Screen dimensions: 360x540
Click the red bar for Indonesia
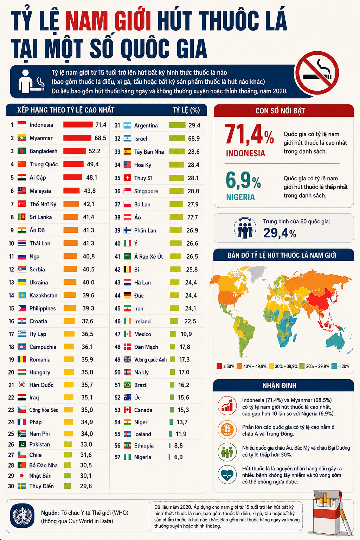point(78,124)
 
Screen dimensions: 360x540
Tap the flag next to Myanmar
point(22,138)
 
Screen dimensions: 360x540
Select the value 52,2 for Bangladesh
point(95,151)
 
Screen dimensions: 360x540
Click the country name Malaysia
point(40,191)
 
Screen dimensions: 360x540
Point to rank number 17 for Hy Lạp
point(11,334)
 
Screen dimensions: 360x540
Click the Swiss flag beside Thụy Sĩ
point(127,178)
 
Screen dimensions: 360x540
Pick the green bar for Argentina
point(177,126)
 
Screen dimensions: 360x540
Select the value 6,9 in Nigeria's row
point(179,457)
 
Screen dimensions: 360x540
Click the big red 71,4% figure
point(250,134)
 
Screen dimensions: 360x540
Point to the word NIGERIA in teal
point(240,197)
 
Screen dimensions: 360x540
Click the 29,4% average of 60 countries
point(280,233)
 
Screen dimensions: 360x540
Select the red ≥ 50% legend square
point(219,366)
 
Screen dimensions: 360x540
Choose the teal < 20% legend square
point(334,366)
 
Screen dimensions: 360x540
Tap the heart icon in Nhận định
point(227,475)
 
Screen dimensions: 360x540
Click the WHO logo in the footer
point(22,516)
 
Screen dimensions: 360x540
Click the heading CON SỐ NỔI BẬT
point(280,111)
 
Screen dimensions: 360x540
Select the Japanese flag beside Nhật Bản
point(22,476)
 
